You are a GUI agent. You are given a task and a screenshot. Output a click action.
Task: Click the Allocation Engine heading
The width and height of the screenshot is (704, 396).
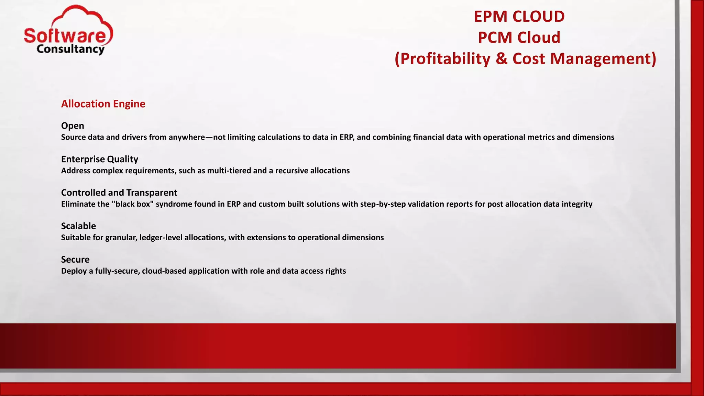coord(103,104)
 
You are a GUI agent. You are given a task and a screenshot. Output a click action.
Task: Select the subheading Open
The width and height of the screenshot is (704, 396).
coord(73,126)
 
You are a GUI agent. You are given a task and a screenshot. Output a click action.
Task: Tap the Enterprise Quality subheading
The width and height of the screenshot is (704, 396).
coord(99,159)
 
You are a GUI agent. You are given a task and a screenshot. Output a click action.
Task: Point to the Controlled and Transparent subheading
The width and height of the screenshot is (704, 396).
coord(119,192)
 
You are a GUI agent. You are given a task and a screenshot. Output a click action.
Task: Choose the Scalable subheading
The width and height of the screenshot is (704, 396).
coord(78,226)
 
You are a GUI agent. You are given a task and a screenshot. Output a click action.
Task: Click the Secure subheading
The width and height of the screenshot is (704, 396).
coord(75,260)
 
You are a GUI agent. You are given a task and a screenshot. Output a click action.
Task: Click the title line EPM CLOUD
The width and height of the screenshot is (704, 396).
coord(519,16)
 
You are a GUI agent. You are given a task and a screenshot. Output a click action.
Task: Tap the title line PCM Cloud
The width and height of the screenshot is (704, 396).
coord(519,37)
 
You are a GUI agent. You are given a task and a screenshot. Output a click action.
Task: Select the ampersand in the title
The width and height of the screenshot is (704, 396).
coord(502,59)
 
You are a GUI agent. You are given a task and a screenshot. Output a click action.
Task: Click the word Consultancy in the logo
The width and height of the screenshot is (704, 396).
coord(70,49)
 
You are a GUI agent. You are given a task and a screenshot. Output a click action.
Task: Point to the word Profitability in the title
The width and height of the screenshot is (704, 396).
coord(445,59)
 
